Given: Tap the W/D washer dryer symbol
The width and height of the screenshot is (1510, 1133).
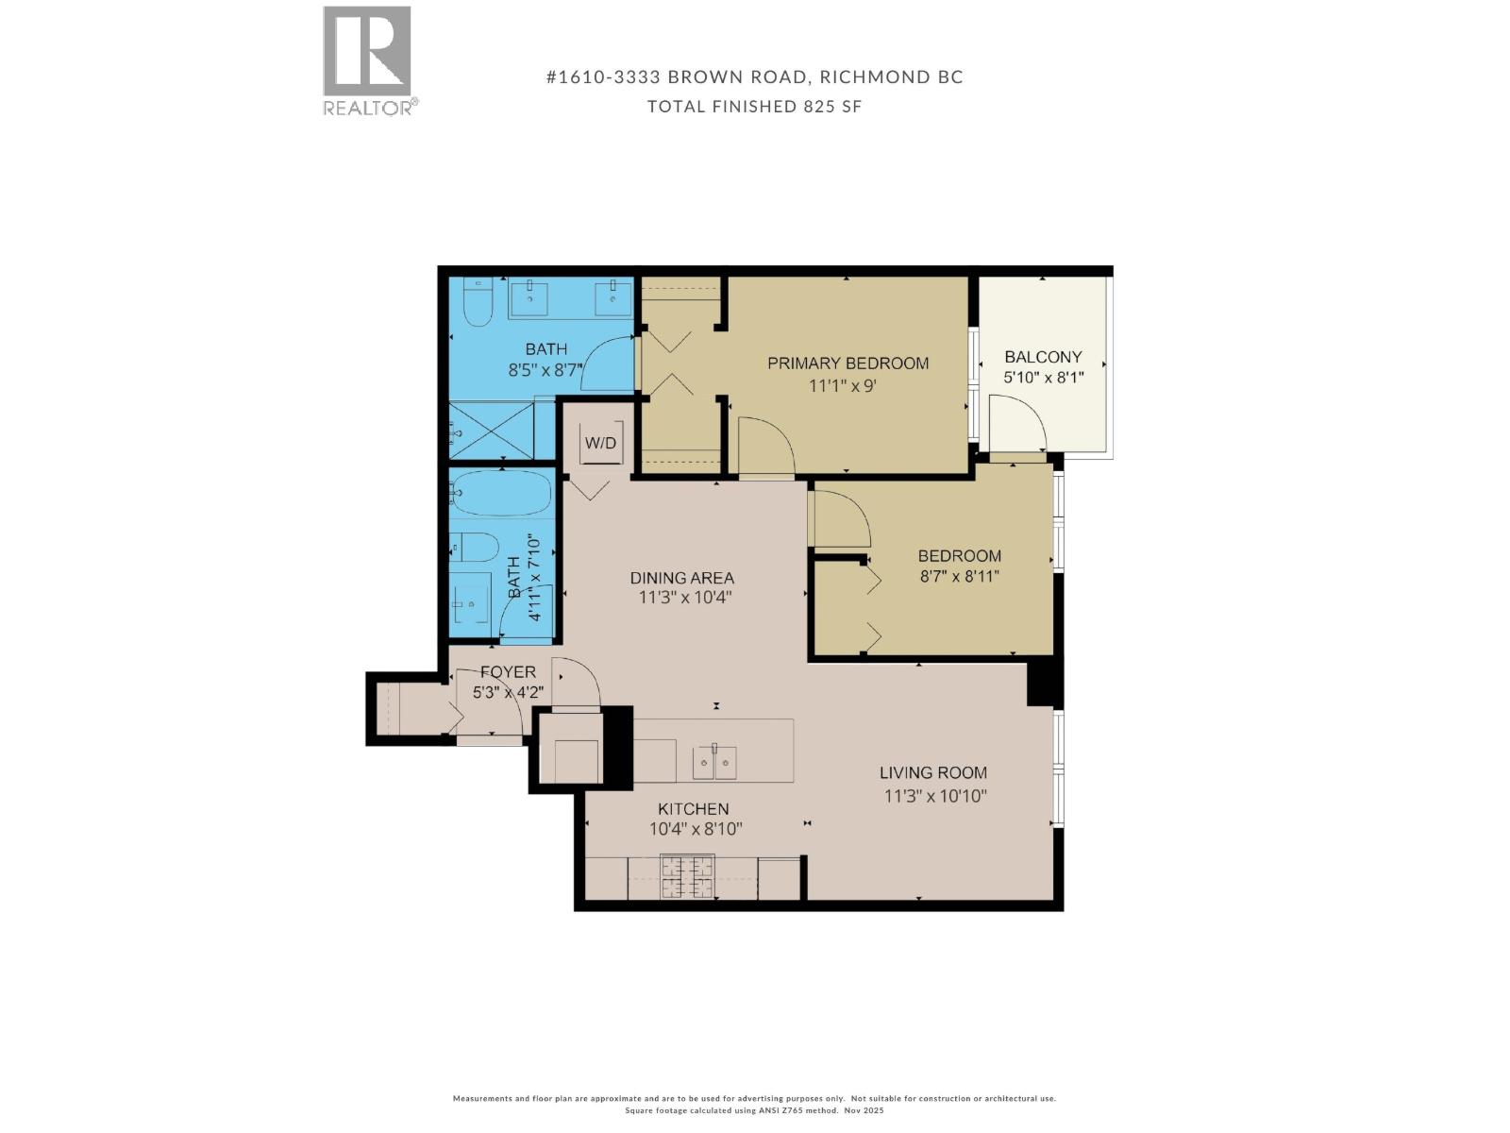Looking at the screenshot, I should tap(600, 443).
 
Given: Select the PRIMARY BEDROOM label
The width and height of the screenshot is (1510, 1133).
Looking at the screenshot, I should tap(847, 364).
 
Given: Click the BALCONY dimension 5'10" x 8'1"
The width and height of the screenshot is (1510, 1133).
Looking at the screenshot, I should tap(1043, 378).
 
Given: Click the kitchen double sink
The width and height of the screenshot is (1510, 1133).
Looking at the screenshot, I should tap(714, 761).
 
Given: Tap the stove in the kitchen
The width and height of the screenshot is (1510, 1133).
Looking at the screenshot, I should tap(687, 876).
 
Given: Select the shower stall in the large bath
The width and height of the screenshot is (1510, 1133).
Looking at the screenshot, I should tap(491, 431).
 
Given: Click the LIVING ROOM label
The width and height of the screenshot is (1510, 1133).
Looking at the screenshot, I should tap(933, 773).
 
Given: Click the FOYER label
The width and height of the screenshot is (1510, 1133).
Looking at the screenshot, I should tap(508, 672).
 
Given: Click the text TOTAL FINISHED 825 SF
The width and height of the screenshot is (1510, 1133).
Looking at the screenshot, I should tap(754, 107).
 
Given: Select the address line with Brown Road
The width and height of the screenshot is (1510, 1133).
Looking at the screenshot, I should tap(754, 77).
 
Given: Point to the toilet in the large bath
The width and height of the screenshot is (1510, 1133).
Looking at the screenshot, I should tap(478, 302).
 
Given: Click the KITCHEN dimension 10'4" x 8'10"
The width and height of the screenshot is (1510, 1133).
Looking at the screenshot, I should tap(696, 830).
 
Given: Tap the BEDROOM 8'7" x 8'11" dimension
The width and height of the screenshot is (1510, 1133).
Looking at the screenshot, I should tap(959, 576).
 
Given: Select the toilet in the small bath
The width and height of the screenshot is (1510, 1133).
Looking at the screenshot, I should tap(474, 547).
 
